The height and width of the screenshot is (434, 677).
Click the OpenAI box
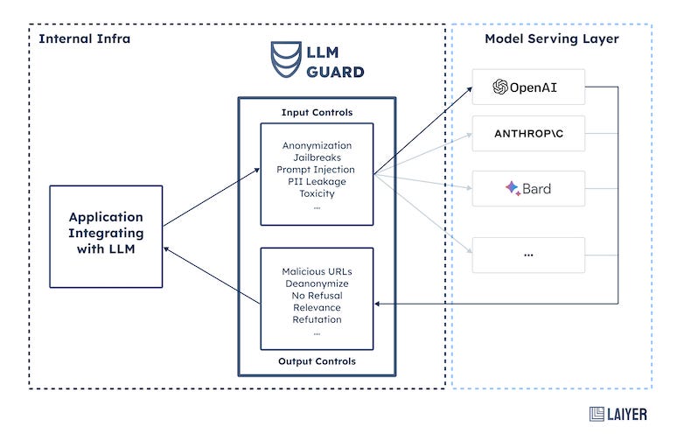528,87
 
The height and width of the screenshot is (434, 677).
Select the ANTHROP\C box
528,135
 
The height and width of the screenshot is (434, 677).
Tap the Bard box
528,188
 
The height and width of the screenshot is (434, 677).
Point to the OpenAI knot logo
500,87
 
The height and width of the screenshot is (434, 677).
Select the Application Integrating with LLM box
106,235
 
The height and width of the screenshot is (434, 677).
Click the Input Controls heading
317,113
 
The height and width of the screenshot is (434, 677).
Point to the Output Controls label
317,360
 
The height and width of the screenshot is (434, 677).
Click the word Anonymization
317,144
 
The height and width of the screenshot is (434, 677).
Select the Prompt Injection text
317,169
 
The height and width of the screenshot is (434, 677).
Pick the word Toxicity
317,193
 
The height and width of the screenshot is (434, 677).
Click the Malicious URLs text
317,271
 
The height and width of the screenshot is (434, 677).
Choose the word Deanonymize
317,283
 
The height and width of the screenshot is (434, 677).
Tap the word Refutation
317,320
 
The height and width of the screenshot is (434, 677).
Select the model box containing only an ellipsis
528,254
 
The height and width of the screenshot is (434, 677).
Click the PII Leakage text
317,181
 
